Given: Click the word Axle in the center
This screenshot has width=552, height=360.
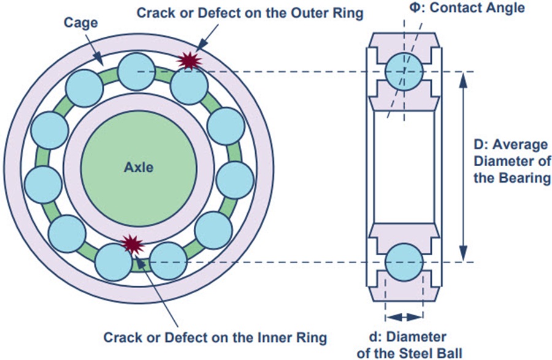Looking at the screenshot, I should coord(139,166).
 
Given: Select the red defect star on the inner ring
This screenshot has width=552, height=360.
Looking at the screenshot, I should coord(131,244).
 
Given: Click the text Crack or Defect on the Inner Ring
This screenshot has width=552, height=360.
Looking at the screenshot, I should coord(215,337).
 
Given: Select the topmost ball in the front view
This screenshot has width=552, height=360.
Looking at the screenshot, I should coord(136,71).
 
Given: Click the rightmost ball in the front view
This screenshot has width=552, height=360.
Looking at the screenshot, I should coord(236,180).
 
